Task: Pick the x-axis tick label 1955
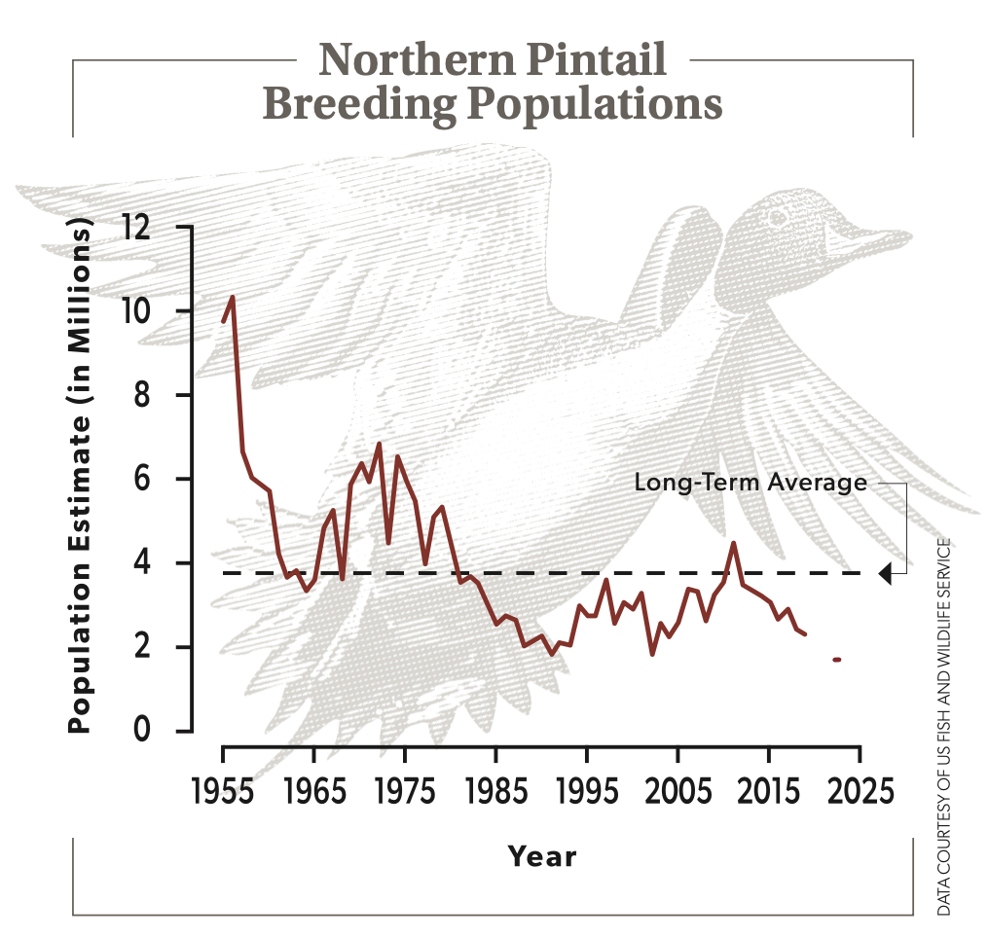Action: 222,789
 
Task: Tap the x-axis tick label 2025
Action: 858,789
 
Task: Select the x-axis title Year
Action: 541,857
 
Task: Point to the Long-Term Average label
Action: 750,483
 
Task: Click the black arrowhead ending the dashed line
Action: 884,574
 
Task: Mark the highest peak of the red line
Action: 232,297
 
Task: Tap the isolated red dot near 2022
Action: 836,660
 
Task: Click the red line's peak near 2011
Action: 733,543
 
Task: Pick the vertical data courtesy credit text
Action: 943,725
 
